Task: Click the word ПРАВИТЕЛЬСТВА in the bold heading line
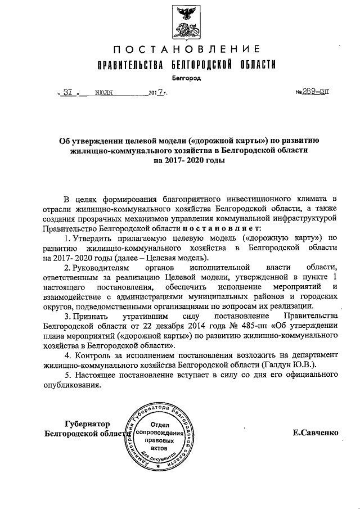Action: click(x=131, y=65)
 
